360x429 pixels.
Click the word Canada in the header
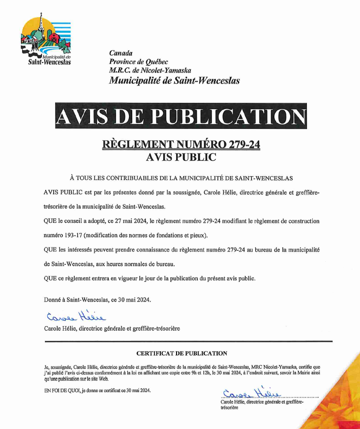tap(120, 53)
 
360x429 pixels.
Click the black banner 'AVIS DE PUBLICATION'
tap(180, 116)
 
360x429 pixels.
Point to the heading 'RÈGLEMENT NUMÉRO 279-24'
tap(180, 145)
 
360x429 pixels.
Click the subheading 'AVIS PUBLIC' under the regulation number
tap(181, 157)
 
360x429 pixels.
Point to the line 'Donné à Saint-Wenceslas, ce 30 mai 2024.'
tap(97, 299)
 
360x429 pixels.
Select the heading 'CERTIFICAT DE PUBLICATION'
tap(181, 353)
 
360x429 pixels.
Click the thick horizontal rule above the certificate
tap(188, 340)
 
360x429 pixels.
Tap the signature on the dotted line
tap(250, 393)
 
